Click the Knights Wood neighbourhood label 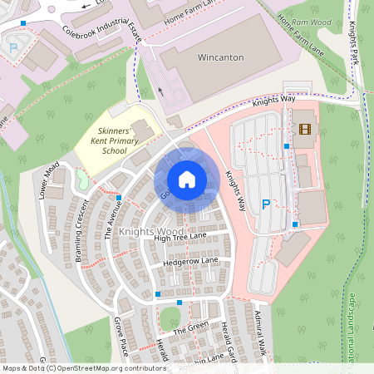click(x=150, y=231)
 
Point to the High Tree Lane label click(x=180, y=239)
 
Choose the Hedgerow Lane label click(x=190, y=261)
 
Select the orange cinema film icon click(x=305, y=129)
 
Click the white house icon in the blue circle click(x=187, y=179)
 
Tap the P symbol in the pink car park click(x=266, y=204)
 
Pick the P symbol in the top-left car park click(x=13, y=48)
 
